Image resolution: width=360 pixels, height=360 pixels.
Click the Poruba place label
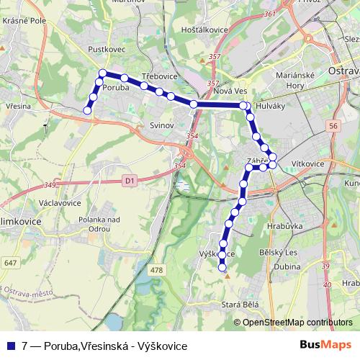[x=116, y=87]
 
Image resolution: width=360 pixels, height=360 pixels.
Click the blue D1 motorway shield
[x=129, y=181]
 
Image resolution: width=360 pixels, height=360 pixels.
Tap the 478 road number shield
[x=158, y=270]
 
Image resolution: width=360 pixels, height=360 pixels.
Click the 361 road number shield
[x=270, y=14]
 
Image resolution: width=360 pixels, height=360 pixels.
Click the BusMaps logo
[x=326, y=346]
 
